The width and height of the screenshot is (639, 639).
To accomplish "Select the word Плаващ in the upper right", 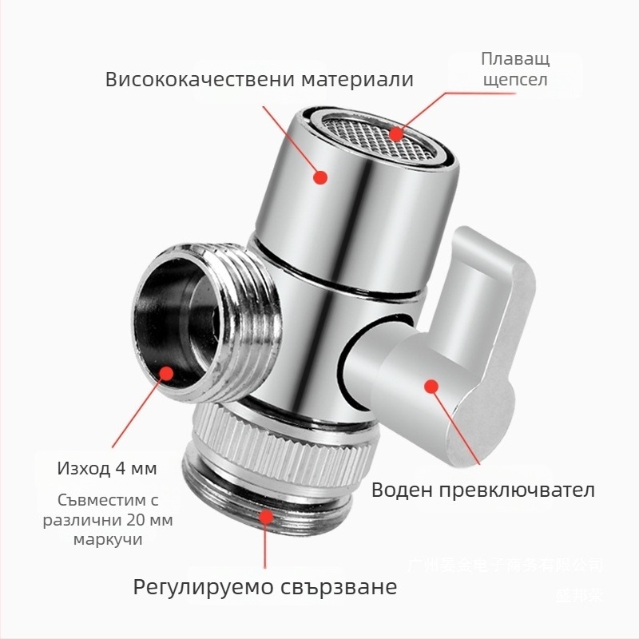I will coord(515,59).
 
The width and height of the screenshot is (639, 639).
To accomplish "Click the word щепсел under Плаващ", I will coord(514,80).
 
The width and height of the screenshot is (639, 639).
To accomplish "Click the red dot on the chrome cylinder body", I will coord(320,177).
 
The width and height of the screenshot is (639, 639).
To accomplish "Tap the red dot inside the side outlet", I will coord(166,374).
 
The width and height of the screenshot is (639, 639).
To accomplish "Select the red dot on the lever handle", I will coord(431,386).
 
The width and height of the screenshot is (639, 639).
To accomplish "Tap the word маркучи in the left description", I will coord(107,539).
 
